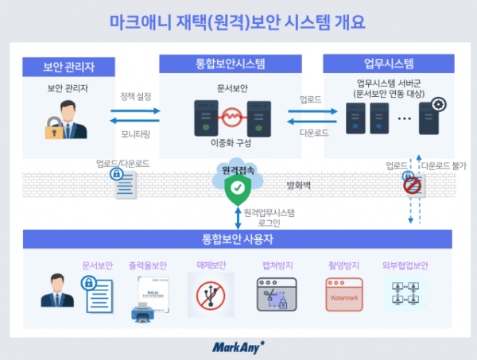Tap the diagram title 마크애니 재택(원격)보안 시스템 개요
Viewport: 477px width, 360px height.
pyautogui.click(x=238, y=21)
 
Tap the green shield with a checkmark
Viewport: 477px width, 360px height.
pyautogui.click(x=236, y=188)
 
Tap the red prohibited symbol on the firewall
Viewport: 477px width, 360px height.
pyautogui.click(x=411, y=185)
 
